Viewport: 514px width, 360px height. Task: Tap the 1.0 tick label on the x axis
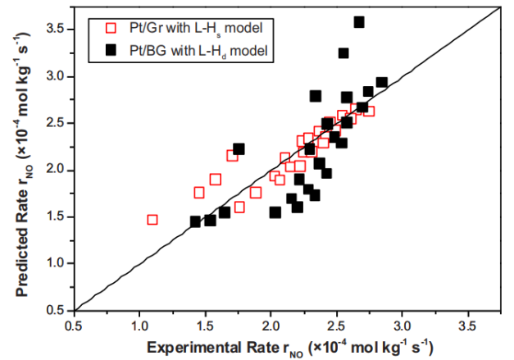click(139, 326)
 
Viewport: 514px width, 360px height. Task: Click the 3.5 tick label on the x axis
click(467, 326)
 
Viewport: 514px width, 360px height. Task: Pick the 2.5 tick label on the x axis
click(336, 326)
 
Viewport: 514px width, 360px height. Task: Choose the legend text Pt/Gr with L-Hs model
click(197, 30)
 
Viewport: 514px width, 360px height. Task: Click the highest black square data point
click(359, 22)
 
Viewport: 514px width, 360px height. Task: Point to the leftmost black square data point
click(195, 221)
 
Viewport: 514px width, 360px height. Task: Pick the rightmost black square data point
click(381, 83)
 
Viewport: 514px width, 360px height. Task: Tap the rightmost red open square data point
click(369, 111)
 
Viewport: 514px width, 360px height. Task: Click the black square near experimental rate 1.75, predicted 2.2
click(239, 149)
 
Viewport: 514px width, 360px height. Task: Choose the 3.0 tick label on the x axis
click(402, 326)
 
